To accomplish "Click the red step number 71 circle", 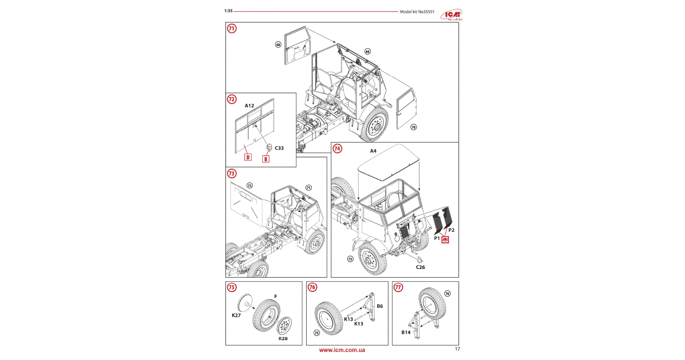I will [232, 28].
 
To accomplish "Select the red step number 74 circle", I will [337, 148].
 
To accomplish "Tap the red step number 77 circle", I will [398, 288].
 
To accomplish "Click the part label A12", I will [249, 106].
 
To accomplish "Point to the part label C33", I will [279, 148].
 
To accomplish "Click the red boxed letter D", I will [248, 157].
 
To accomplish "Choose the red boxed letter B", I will [266, 159].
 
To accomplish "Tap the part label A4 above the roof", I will [373, 151].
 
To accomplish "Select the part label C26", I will [420, 267].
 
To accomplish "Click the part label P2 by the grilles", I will [451, 230].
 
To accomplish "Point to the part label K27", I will [236, 316].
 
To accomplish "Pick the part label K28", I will [283, 339].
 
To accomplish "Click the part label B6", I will [380, 306].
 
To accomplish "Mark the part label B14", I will [406, 333].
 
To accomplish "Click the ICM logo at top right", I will [452, 15].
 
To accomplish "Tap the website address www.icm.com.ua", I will [342, 350].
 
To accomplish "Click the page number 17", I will [457, 349].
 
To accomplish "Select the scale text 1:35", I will [228, 11].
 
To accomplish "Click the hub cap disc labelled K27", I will [244, 302].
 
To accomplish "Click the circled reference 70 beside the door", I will [414, 127].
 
